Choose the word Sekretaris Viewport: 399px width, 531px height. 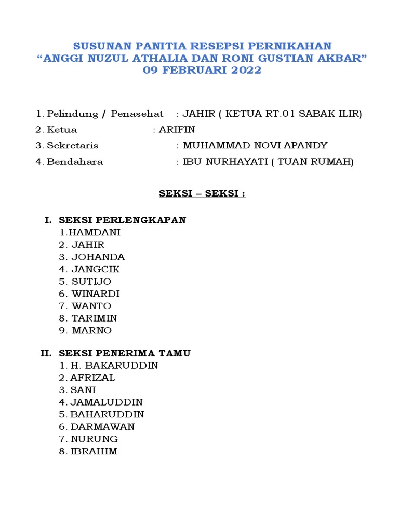click(72, 146)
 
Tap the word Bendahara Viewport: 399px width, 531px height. click(75, 162)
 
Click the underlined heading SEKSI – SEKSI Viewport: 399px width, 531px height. click(202, 194)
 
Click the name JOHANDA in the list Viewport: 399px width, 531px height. click(98, 257)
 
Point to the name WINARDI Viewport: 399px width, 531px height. click(96, 294)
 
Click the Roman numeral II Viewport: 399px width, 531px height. click(46, 353)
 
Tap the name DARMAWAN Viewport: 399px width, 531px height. click(102, 427)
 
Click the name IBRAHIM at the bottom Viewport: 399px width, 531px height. click(94, 451)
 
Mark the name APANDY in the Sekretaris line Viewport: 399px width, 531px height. click(304, 146)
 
